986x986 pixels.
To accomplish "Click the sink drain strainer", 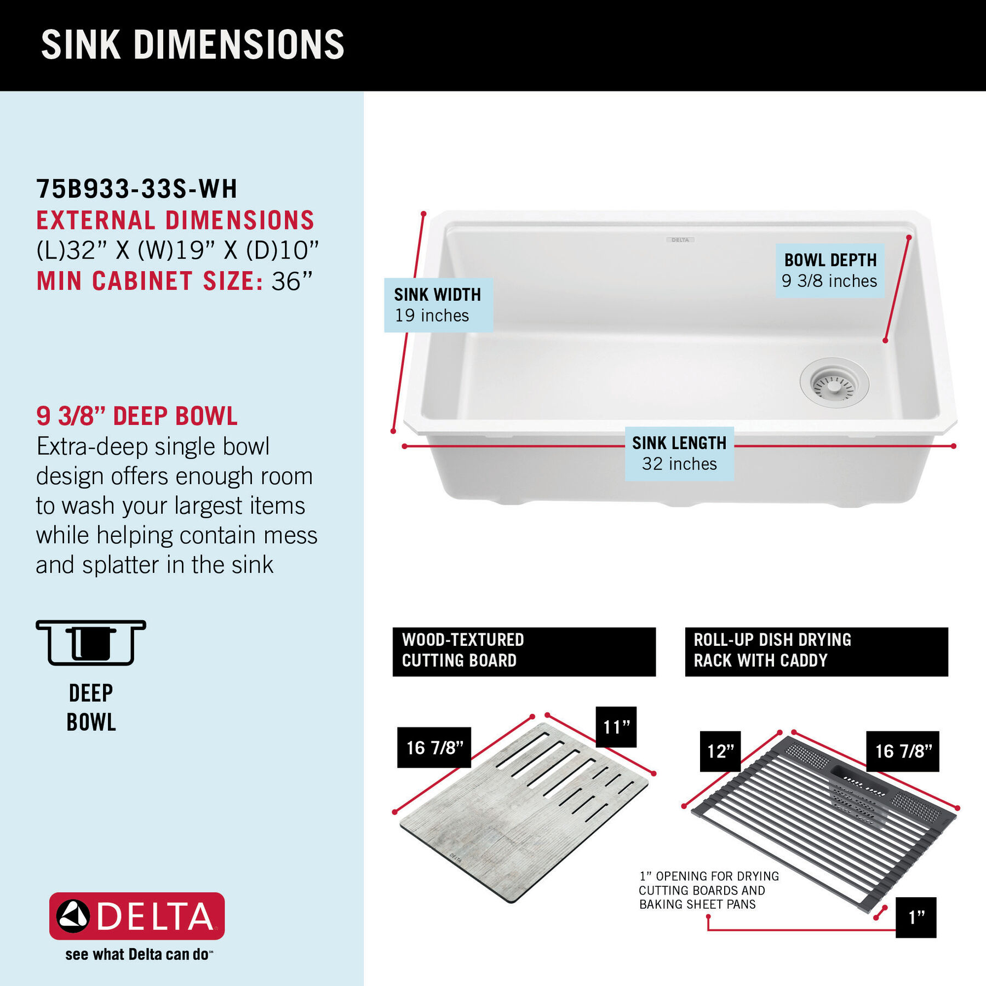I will (834, 386).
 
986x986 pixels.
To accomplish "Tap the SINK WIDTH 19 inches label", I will (438, 305).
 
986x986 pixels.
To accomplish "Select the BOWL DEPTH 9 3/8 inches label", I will (830, 271).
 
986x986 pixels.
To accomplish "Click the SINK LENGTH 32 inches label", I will (679, 454).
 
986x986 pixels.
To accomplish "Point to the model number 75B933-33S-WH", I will (137, 189).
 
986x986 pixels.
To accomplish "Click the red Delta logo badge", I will (137, 916).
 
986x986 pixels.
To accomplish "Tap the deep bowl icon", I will (91, 643).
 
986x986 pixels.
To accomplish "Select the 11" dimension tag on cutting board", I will (616, 727).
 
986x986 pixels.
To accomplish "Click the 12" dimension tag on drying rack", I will (720, 751).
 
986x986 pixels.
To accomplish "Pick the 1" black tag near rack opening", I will (916, 917).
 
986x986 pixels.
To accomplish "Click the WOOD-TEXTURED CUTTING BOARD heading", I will (524, 651).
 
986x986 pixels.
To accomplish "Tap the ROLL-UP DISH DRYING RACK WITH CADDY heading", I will (816, 651).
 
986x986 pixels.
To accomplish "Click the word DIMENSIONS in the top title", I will (239, 45).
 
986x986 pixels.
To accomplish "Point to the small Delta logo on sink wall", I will (680, 240).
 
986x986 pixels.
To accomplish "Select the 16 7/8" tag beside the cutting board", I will (434, 747).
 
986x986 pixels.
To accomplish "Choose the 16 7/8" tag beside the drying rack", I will (903, 751).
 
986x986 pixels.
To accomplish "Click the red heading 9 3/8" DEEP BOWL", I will (137, 416).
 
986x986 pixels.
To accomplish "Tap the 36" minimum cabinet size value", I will (292, 282).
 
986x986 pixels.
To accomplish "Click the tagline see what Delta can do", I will (138, 954).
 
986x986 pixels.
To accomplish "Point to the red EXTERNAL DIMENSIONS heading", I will (175, 221).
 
